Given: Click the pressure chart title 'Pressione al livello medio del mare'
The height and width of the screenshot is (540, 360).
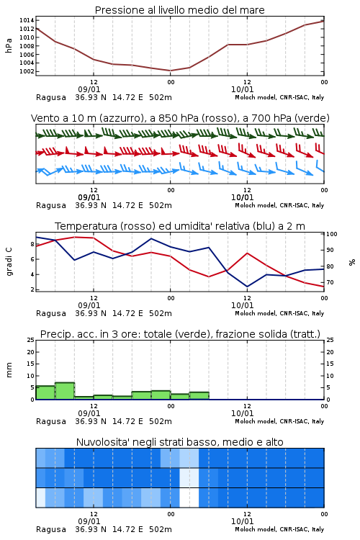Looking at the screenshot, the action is pyautogui.click(x=179, y=10).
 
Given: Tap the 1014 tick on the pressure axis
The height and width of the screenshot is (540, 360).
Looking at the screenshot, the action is pyautogui.click(x=27, y=20).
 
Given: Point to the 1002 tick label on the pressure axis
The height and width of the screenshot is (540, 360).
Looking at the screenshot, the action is pyautogui.click(x=27, y=71).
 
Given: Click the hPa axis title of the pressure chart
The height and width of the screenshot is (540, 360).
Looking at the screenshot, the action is pyautogui.click(x=9, y=45).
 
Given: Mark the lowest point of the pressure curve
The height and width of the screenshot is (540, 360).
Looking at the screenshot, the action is pyautogui.click(x=170, y=71).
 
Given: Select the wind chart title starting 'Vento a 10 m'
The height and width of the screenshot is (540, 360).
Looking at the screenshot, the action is pyautogui.click(x=180, y=118).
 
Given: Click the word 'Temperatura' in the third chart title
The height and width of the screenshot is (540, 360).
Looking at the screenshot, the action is pyautogui.click(x=86, y=226).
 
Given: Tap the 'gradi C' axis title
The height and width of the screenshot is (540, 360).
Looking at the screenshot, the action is pyautogui.click(x=9, y=262).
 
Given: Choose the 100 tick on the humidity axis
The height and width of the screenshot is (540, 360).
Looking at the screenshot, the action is pyautogui.click(x=332, y=234).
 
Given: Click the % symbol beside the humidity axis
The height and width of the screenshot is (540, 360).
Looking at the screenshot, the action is pyautogui.click(x=352, y=262).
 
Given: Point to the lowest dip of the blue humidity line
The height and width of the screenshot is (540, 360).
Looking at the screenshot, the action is pyautogui.click(x=247, y=287).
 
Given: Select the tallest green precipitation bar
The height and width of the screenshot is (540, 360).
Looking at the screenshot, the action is pyautogui.click(x=65, y=391).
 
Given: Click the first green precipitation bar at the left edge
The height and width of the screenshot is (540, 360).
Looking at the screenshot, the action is pyautogui.click(x=45, y=392).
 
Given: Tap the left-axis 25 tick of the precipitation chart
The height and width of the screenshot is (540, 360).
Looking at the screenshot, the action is pyautogui.click(x=31, y=340).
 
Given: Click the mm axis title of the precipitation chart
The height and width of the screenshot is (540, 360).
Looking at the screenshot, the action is pyautogui.click(x=9, y=370).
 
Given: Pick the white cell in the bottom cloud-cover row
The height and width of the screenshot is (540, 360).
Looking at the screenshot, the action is pyautogui.click(x=189, y=498).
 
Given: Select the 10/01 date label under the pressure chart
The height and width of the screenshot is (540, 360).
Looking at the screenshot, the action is pyautogui.click(x=242, y=89).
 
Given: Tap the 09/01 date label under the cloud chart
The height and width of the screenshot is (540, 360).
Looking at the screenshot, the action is pyautogui.click(x=89, y=521).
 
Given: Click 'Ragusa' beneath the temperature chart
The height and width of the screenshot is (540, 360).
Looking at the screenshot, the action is pyautogui.click(x=51, y=314).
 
